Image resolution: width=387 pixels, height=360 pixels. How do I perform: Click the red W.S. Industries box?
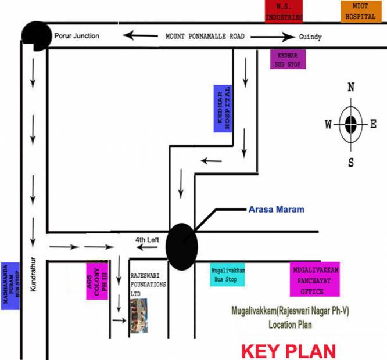[x=284, y=12]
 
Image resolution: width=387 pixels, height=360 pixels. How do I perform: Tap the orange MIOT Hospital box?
[x=358, y=12]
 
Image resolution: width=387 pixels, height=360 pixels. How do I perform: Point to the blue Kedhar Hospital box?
[x=223, y=109]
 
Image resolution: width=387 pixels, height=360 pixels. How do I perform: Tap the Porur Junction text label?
[x=77, y=36]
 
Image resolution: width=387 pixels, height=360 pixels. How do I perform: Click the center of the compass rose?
[x=351, y=124]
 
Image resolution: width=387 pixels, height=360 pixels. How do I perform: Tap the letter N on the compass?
[x=351, y=88]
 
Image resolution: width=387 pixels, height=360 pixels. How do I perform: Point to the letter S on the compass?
[x=351, y=162]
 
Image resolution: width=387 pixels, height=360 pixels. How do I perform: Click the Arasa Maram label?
[x=277, y=208]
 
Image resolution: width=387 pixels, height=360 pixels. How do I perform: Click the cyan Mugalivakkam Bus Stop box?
[x=227, y=275]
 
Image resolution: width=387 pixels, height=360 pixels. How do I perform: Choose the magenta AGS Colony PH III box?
[x=97, y=281]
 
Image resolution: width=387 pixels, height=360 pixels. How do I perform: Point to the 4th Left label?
[x=147, y=239]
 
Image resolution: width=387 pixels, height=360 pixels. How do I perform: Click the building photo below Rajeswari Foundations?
[x=138, y=317]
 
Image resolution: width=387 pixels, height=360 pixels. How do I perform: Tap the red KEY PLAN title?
[x=288, y=350]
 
